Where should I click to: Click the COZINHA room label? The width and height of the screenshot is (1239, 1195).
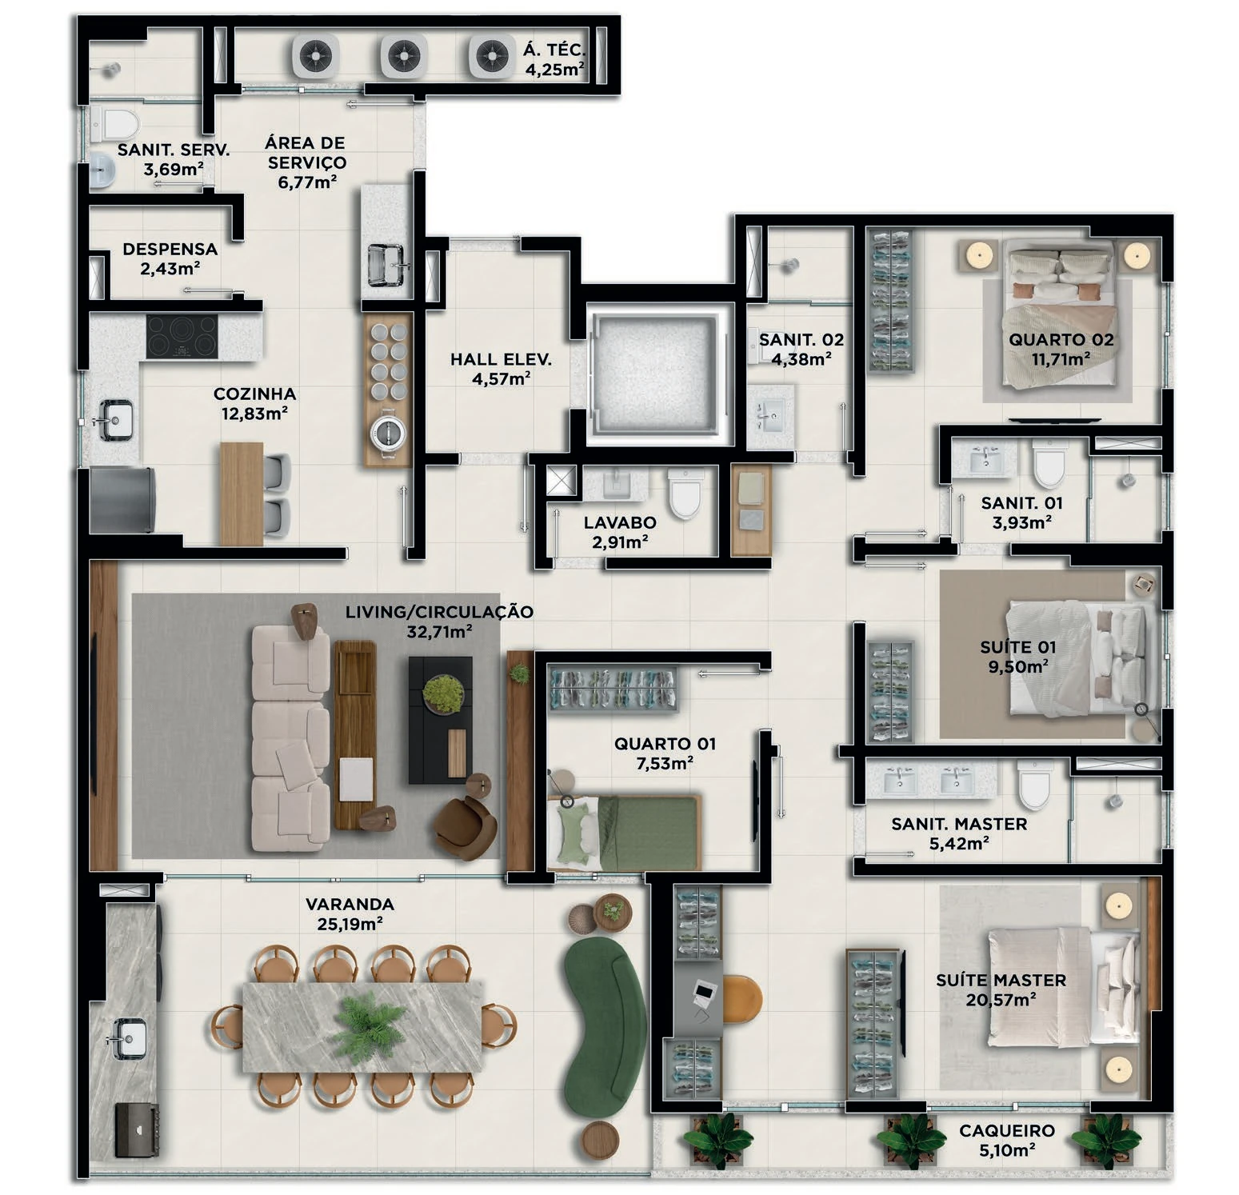pyautogui.click(x=254, y=394)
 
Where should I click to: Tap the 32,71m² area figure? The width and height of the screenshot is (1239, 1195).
pyautogui.click(x=439, y=632)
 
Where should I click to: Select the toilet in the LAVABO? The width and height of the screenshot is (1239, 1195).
pyautogui.click(x=685, y=494)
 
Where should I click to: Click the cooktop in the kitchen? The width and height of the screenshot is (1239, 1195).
pyautogui.click(x=182, y=336)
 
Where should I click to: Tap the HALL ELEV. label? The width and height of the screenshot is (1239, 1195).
pyautogui.click(x=501, y=360)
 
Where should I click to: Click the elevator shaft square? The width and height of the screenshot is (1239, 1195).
pyautogui.click(x=660, y=374)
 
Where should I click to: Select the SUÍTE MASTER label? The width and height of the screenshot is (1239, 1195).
pyautogui.click(x=1001, y=980)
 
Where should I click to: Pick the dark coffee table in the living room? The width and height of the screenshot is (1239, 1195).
pyautogui.click(x=441, y=720)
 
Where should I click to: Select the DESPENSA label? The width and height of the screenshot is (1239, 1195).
pyautogui.click(x=170, y=250)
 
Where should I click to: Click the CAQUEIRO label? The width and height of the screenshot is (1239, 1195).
pyautogui.click(x=1007, y=1131)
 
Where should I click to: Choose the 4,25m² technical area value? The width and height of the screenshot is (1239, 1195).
pyautogui.click(x=554, y=70)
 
